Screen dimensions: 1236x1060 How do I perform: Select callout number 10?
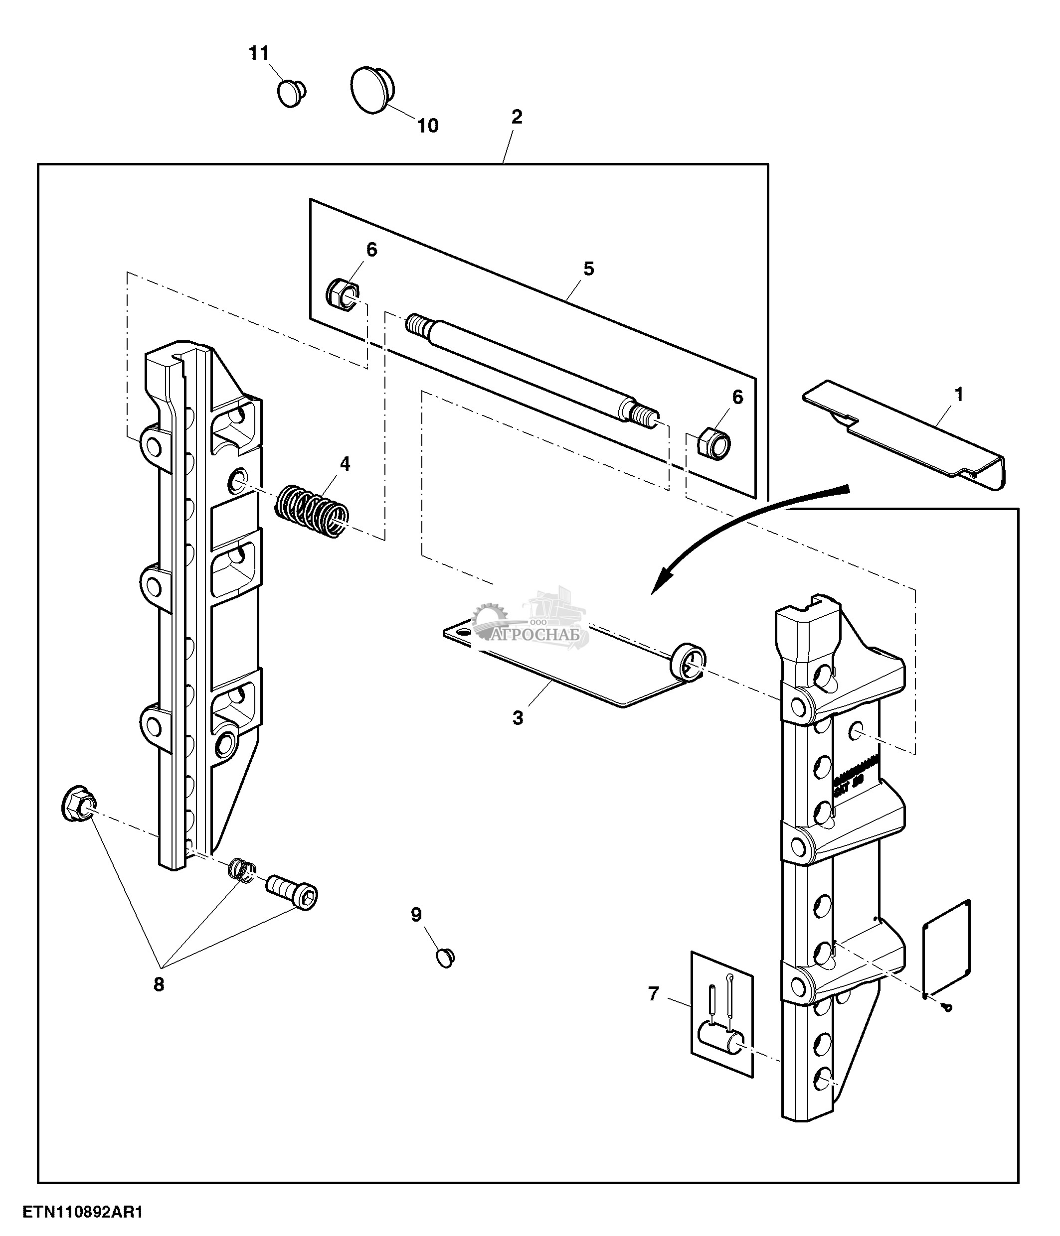(x=427, y=126)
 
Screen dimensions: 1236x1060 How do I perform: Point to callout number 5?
(x=588, y=269)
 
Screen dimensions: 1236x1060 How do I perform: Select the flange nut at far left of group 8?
(x=79, y=804)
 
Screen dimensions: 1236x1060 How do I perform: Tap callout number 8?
(x=158, y=985)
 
